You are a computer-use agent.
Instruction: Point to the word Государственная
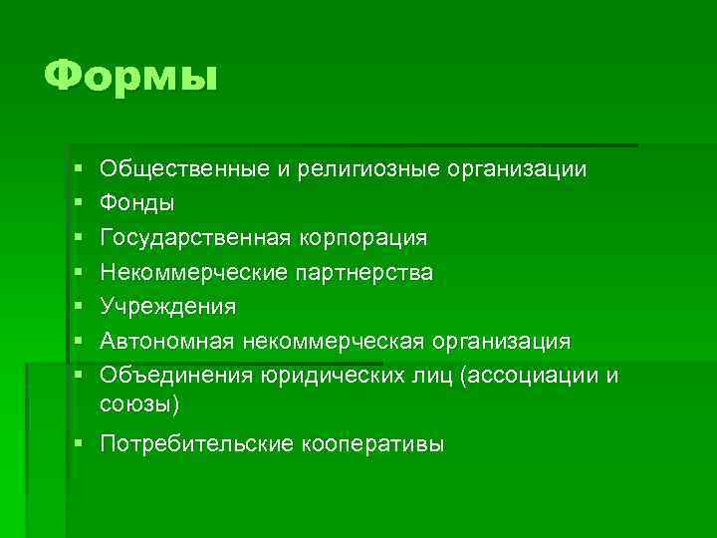(195, 238)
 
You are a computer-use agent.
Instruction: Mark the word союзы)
(140, 403)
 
